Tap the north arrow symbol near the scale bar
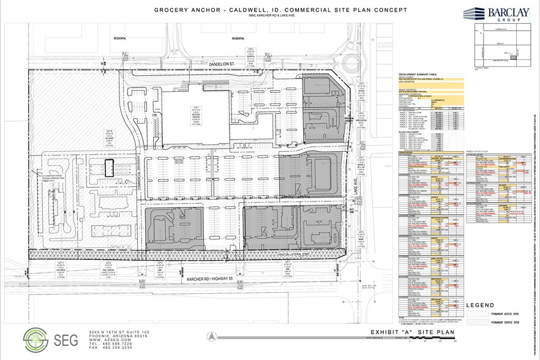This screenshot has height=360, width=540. point(211,336)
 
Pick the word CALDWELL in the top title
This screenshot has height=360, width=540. point(244,9)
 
